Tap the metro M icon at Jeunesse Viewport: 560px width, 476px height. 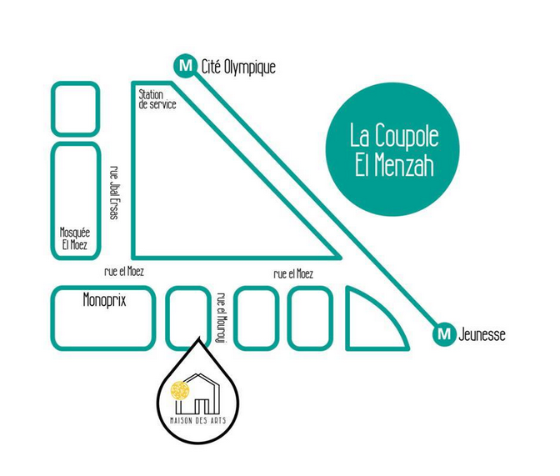click(x=445, y=335)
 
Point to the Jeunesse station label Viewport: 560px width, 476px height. click(x=482, y=336)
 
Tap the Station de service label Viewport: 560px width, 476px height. click(x=157, y=100)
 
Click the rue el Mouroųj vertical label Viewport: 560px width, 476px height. click(x=221, y=318)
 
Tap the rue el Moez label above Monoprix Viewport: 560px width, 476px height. click(x=124, y=272)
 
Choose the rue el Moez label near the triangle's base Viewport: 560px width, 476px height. click(x=293, y=273)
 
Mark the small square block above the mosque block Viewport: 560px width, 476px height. click(x=76, y=108)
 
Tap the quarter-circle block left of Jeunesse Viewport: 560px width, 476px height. click(x=369, y=321)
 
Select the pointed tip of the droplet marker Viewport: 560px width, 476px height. click(x=197, y=338)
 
